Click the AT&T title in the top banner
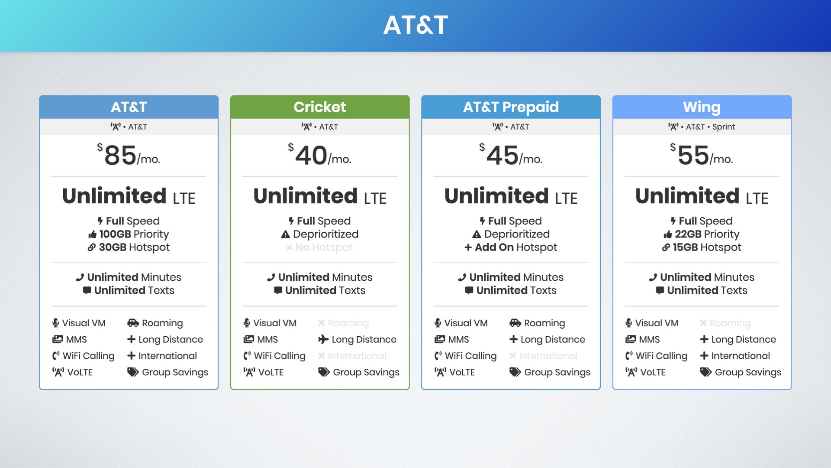[x=415, y=25]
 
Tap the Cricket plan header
[x=319, y=107]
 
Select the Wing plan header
[x=702, y=107]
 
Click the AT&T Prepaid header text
[x=511, y=107]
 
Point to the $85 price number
[x=120, y=156]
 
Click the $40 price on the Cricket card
[x=311, y=156]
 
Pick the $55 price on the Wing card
[x=693, y=156]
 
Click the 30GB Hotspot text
[x=134, y=247]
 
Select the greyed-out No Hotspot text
[x=324, y=247]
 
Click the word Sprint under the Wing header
[x=723, y=127]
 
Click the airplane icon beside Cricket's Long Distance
[x=323, y=339]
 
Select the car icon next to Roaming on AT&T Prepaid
[x=515, y=323]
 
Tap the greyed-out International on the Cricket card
[x=357, y=356]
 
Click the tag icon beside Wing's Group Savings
[x=705, y=372]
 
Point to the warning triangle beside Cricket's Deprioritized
[x=285, y=234]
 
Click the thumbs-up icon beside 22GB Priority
[x=668, y=234]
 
